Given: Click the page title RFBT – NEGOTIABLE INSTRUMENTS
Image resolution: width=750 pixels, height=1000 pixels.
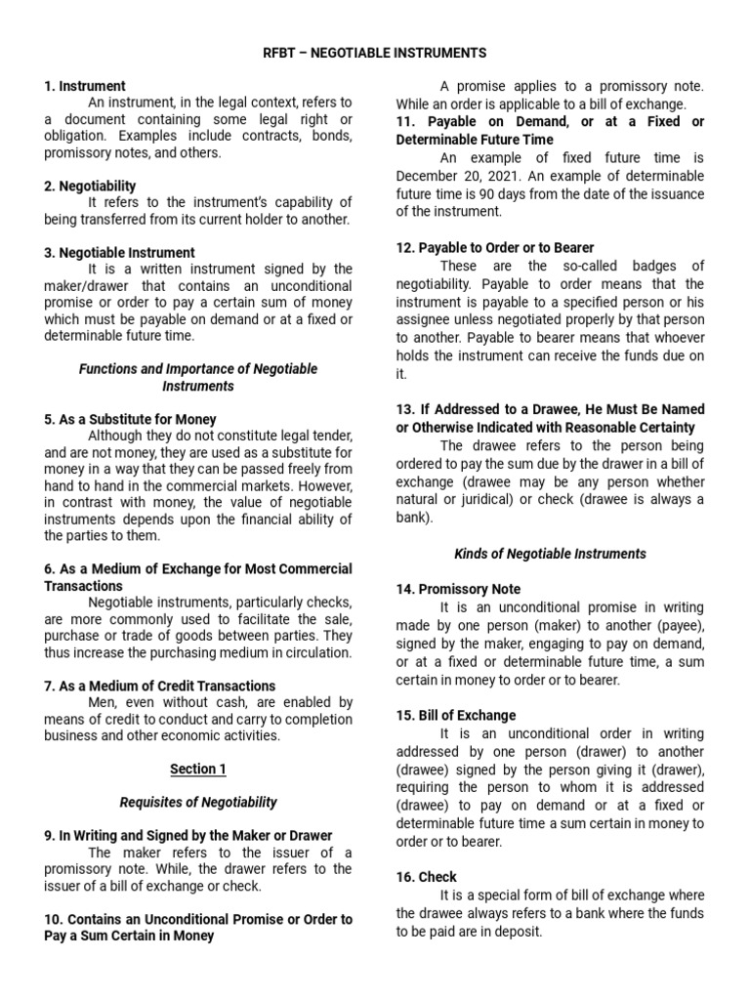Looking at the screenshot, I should tap(375, 52).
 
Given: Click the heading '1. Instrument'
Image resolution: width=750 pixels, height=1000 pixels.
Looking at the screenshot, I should tap(85, 86).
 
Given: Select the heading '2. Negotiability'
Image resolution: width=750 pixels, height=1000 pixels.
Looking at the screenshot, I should tap(90, 186).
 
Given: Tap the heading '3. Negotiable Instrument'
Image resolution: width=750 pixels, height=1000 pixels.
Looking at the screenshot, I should tap(119, 252).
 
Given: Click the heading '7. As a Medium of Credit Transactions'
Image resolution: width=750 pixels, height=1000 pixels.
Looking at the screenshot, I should tap(160, 686).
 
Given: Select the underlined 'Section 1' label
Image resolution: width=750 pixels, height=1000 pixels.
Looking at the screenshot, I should tap(198, 769).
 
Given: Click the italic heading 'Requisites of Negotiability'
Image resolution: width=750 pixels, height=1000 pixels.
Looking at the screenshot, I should tap(198, 802).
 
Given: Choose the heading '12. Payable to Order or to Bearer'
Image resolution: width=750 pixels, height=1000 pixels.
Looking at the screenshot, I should tap(495, 248).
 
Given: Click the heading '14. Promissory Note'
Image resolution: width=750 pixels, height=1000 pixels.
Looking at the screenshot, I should tap(458, 589).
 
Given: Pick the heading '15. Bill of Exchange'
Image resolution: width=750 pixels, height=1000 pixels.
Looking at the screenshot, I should tap(455, 715).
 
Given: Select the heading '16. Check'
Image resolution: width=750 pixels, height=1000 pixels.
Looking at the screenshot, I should tap(426, 877).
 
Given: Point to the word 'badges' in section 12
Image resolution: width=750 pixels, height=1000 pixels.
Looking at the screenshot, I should tap(636, 266).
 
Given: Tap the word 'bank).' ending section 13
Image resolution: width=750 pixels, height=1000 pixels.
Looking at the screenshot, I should tap(414, 518).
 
